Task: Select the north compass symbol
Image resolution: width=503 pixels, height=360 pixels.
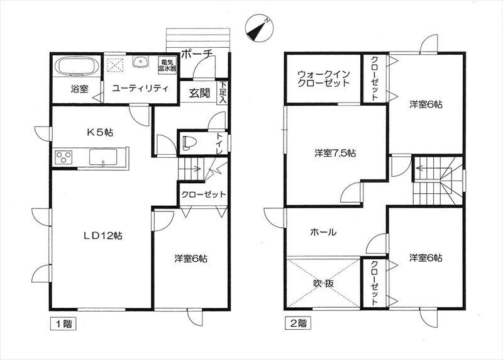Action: [x=258, y=28]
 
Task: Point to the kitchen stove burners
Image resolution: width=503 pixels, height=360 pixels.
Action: [x=65, y=156]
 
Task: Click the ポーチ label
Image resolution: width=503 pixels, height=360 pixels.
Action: [x=197, y=55]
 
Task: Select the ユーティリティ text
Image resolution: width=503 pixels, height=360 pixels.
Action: [x=140, y=89]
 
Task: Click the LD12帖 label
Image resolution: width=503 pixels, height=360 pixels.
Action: [x=103, y=236]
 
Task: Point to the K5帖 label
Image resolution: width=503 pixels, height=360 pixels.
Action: [x=100, y=132]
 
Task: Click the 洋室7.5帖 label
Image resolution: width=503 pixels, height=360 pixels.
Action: [x=336, y=153]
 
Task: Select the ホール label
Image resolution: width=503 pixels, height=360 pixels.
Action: [x=323, y=232]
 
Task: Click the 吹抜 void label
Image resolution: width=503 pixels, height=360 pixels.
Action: [x=323, y=283]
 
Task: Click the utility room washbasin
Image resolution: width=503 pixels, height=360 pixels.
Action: [x=140, y=62]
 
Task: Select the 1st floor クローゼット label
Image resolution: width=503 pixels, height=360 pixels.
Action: [x=203, y=194]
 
